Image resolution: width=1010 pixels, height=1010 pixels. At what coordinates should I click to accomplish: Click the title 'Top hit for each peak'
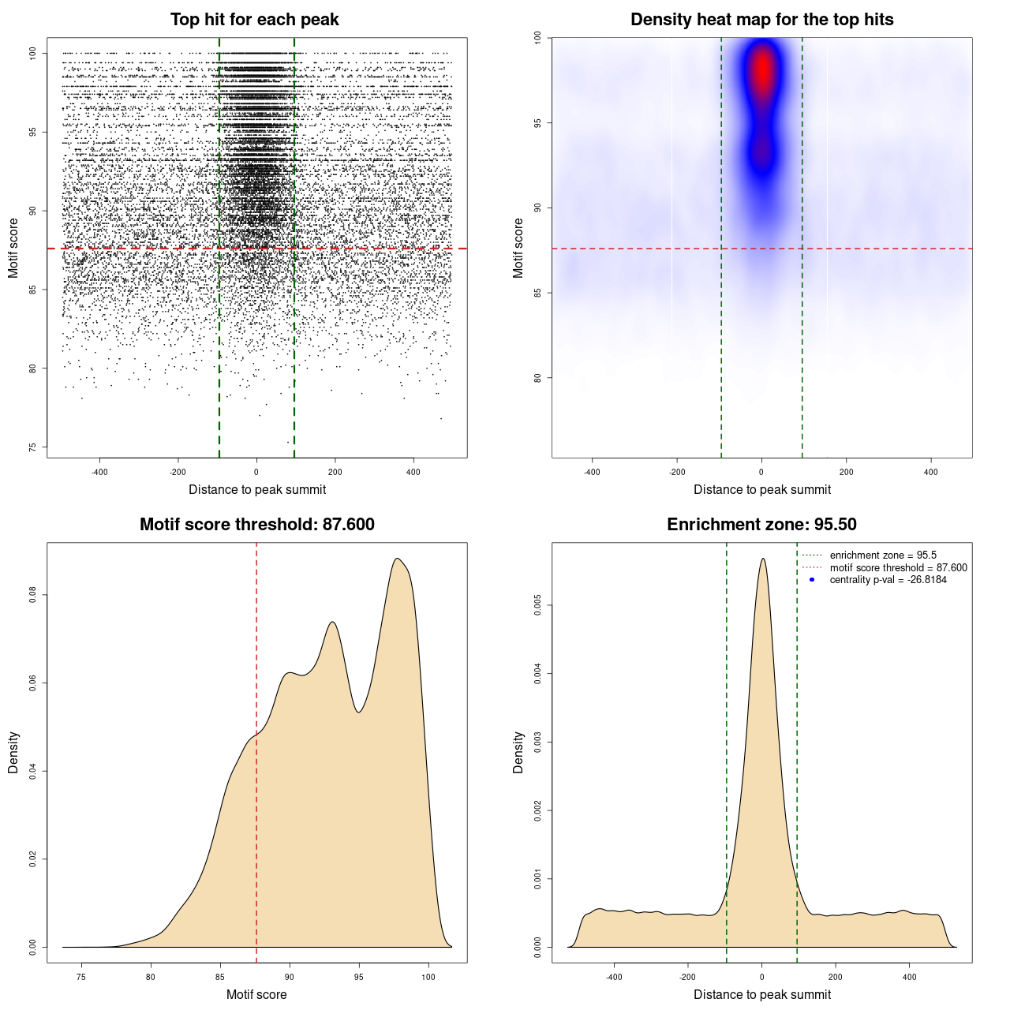(x=255, y=20)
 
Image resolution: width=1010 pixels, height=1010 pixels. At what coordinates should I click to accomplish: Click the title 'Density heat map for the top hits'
(x=761, y=20)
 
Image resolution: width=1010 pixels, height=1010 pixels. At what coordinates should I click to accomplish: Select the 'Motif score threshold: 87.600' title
(x=256, y=525)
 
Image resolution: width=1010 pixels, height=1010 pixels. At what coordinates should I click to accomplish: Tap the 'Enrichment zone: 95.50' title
(x=761, y=525)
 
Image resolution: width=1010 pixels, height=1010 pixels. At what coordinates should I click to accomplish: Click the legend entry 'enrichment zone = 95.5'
(x=883, y=555)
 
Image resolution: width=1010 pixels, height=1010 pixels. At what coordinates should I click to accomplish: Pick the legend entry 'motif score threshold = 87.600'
(x=898, y=567)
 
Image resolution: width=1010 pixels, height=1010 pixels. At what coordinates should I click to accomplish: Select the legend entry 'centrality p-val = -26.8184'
(x=888, y=580)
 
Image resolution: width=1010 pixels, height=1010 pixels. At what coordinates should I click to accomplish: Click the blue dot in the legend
(x=812, y=580)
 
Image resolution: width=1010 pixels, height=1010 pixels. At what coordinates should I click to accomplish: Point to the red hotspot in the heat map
(x=761, y=71)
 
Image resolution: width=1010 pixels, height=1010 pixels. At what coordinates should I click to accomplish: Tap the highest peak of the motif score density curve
(x=398, y=559)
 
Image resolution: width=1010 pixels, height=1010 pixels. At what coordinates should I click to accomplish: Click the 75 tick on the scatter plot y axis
(x=33, y=447)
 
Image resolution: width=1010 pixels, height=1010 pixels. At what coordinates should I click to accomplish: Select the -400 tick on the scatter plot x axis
(x=99, y=472)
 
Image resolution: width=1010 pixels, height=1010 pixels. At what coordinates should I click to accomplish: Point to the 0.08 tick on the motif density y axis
(x=33, y=594)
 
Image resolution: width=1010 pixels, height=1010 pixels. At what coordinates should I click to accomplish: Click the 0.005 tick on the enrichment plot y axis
(x=538, y=605)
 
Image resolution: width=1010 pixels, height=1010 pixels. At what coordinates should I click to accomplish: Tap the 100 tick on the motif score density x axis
(x=428, y=977)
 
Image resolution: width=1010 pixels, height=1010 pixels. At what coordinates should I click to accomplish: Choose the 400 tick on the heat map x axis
(x=931, y=472)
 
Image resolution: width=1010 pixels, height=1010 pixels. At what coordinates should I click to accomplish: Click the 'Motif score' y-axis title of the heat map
(x=518, y=248)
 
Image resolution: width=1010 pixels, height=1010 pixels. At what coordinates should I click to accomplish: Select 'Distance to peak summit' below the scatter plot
(x=257, y=490)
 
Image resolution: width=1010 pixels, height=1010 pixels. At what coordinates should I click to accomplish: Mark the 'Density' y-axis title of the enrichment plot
(x=518, y=752)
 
